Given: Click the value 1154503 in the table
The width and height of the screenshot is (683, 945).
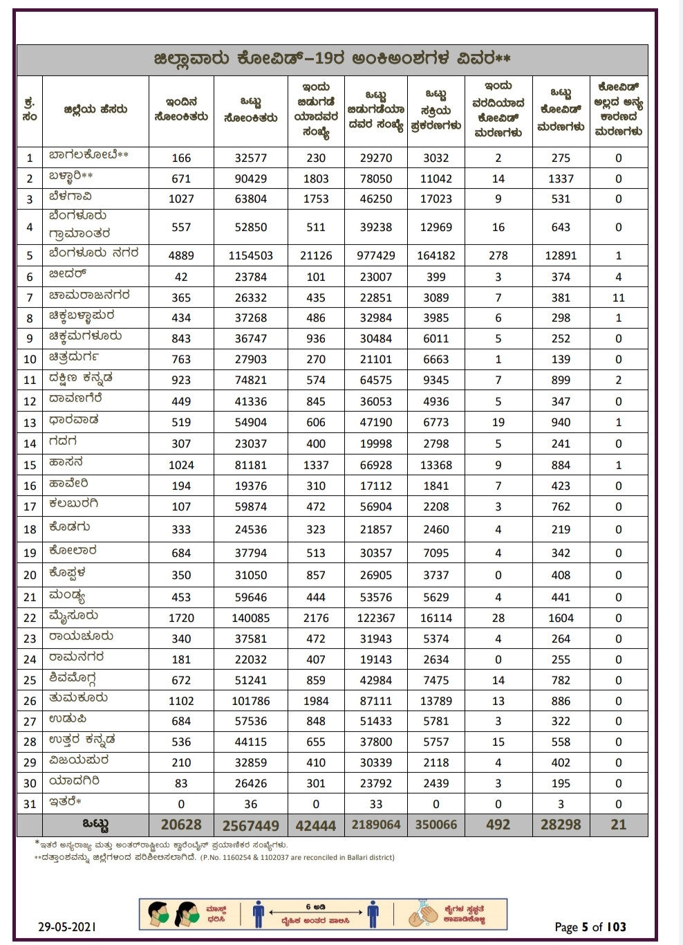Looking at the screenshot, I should pos(250,255).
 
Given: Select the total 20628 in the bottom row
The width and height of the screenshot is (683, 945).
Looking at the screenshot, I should pos(181,825).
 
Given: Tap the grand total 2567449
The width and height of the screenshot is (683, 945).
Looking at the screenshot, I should pos(250,825).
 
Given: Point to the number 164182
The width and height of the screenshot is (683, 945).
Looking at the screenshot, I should pos(436,255).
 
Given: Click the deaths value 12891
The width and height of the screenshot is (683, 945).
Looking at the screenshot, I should pos(561,255).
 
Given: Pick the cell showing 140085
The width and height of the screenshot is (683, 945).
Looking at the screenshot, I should pos(250,618).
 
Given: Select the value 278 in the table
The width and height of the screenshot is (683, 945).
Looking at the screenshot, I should pos(498,255).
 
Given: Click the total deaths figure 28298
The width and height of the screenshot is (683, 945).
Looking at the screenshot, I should pos(561,825).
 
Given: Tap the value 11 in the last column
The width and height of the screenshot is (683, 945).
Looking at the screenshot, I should pos(618,297).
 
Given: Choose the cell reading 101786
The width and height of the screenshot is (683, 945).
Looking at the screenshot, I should pos(250,701).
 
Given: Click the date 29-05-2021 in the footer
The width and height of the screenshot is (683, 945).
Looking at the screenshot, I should pos(67,926).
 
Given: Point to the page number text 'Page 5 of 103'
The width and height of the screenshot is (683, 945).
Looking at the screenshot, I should pos(590,927).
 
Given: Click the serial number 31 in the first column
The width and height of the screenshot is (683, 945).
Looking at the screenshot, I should pos(30,804).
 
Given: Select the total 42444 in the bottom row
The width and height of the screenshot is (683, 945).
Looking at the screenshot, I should pos(316,825).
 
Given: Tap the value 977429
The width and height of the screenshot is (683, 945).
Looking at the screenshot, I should pos(376,255).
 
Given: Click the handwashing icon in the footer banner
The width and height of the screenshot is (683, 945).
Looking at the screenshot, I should pos(423,915).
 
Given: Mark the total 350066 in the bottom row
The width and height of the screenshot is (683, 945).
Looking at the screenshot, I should pos(436,825).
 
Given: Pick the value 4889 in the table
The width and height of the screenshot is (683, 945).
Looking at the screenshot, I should pos(181,255).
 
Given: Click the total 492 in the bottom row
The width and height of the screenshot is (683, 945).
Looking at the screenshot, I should pos(498,825).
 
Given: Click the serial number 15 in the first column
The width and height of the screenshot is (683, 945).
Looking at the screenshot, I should pos(30,465).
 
